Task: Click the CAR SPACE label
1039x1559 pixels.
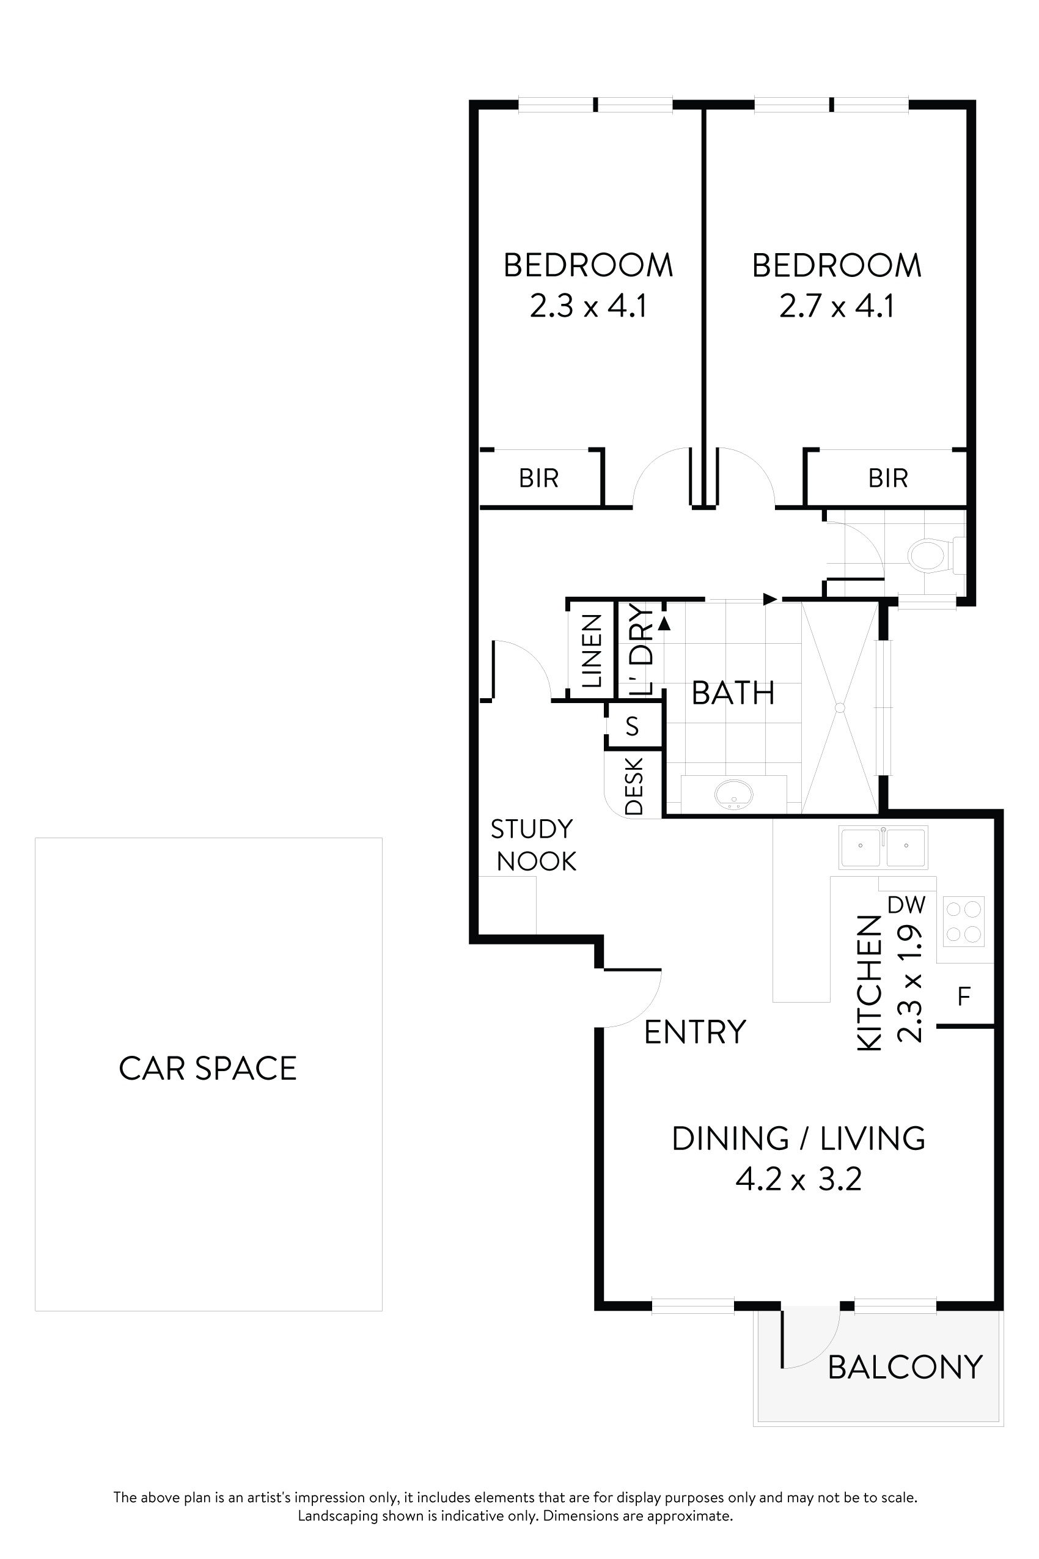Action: (x=207, y=1069)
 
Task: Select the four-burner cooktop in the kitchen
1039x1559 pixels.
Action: (x=963, y=921)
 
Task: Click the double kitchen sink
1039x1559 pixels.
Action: (x=883, y=847)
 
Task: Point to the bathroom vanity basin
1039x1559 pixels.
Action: (x=733, y=794)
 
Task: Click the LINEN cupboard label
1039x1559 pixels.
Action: (x=591, y=651)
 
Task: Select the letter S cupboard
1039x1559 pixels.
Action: (x=632, y=727)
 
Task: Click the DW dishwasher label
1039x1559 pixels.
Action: (x=906, y=905)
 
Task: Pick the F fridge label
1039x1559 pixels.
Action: (x=964, y=997)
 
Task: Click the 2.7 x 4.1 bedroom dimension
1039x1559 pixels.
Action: (x=837, y=306)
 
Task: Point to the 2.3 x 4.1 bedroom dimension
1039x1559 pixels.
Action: (x=588, y=306)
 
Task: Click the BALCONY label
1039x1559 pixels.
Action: (x=905, y=1368)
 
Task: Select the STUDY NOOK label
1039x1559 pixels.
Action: (x=534, y=845)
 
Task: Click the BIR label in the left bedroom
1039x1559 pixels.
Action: (x=538, y=478)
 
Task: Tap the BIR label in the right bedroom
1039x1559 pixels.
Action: (x=888, y=478)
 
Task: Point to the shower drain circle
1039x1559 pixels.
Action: (x=840, y=708)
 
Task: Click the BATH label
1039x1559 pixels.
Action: (x=733, y=693)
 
